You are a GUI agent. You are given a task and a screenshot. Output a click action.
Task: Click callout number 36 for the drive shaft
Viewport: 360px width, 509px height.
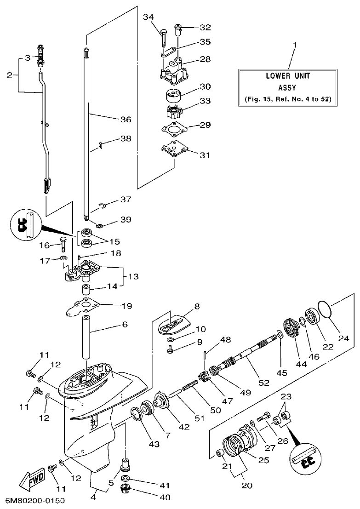[126, 120]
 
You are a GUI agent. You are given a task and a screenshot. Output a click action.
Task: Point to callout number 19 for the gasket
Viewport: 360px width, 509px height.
[126, 305]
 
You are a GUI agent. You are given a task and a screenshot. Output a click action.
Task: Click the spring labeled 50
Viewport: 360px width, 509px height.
[192, 391]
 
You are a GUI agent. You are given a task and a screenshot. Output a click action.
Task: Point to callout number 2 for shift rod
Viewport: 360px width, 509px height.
[10, 75]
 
